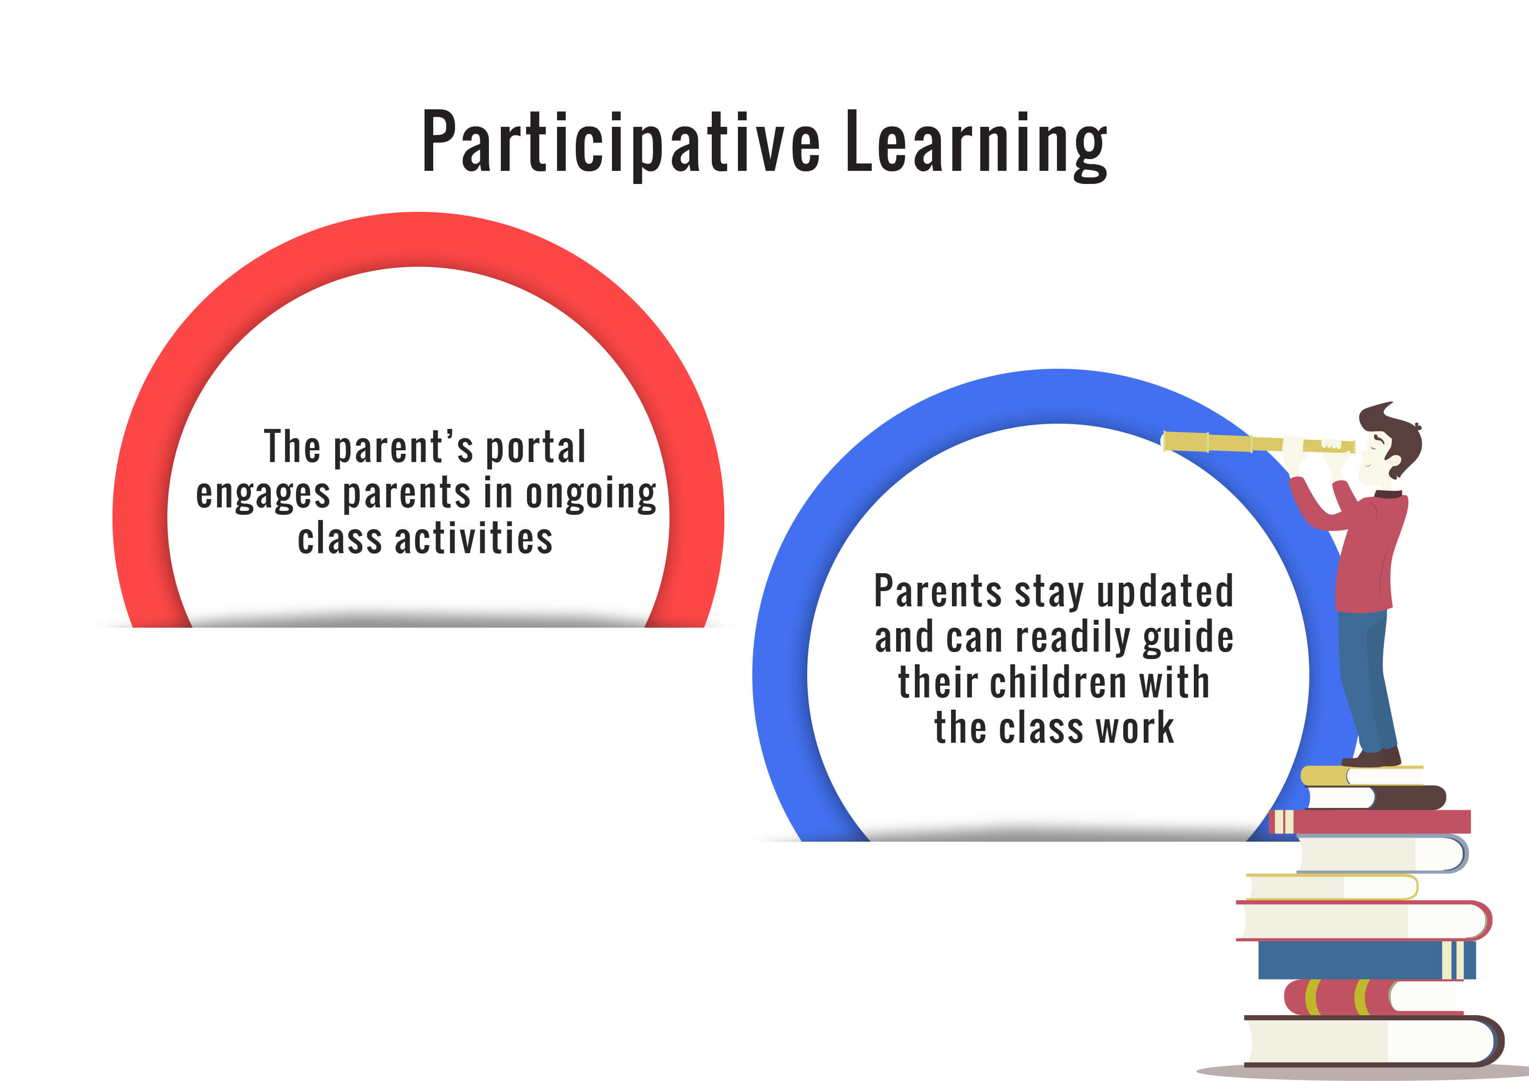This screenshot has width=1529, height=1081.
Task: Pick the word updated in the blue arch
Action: point(1165,591)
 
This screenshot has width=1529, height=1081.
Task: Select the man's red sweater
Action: point(1359,546)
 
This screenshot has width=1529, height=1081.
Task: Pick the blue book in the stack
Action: point(1366,960)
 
